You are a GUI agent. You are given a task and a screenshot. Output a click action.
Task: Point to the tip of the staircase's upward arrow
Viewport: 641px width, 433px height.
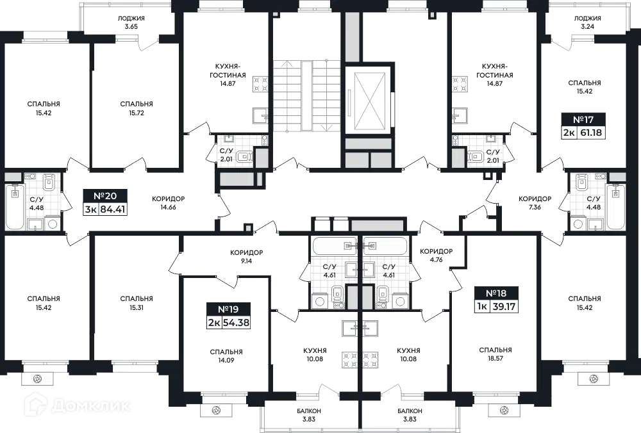click(287, 61)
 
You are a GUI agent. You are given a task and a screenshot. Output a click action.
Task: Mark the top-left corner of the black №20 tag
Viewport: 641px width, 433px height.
click(83, 189)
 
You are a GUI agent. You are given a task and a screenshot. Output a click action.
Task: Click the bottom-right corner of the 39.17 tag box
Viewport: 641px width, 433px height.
click(518, 313)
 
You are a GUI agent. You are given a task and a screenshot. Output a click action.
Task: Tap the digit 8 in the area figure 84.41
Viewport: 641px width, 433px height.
click(103, 209)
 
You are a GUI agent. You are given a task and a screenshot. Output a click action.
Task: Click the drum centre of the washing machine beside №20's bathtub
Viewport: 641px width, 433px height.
click(52, 224)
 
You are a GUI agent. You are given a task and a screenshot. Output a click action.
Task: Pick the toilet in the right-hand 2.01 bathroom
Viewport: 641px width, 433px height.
click(475, 156)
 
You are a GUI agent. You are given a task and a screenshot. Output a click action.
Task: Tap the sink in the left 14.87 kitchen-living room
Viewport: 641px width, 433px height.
click(260, 115)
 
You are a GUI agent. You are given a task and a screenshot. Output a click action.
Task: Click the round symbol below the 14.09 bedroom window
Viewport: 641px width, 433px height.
click(216, 410)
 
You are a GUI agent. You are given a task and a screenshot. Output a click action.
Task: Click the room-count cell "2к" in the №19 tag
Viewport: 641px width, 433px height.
click(214, 322)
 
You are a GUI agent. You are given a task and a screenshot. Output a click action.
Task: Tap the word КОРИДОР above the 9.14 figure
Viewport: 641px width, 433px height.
click(247, 252)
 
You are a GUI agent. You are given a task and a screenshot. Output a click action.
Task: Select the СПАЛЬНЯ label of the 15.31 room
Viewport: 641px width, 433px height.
click(137, 299)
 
